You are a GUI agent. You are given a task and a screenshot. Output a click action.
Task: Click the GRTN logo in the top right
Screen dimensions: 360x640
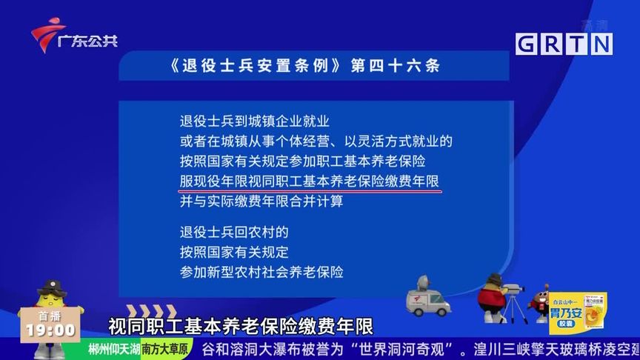tap(564, 44)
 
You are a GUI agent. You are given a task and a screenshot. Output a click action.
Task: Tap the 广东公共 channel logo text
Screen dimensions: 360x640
tap(87, 41)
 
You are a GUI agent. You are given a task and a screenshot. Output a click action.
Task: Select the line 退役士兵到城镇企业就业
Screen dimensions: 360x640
tap(254, 121)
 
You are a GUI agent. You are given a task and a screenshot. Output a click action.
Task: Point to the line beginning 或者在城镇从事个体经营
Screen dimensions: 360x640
tap(316, 141)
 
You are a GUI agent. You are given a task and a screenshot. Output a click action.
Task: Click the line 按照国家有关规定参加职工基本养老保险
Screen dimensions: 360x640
tap(302, 161)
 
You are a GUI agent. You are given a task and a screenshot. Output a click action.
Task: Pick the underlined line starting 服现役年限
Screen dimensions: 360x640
tap(309, 181)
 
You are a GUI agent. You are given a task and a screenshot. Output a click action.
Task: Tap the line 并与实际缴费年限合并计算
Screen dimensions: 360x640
tap(261, 201)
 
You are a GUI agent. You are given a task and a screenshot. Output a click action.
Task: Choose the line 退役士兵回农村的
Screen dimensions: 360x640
tap(233, 232)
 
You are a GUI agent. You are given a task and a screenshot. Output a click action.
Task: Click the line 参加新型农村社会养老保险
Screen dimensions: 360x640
tap(261, 272)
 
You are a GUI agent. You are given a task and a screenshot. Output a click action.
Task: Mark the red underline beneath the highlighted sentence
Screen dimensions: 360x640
tap(310, 191)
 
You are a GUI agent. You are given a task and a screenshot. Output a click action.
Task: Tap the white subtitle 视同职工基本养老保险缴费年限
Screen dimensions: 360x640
tap(241, 326)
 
